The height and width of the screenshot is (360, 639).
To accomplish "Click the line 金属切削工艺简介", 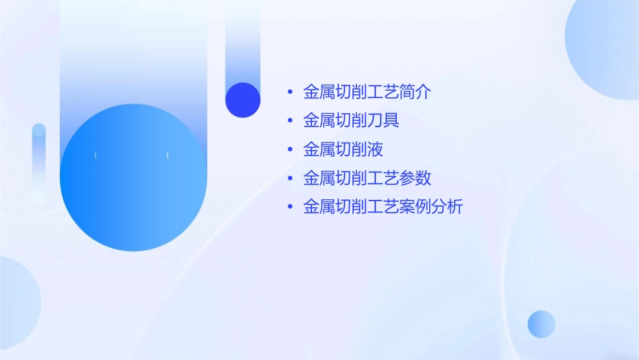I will (367, 92).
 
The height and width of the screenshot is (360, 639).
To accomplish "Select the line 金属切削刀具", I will (351, 121).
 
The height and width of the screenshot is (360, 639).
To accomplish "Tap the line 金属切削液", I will (343, 149).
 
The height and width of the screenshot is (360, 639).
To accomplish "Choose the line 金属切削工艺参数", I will (367, 178).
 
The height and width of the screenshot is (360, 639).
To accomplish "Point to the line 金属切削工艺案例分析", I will (383, 207).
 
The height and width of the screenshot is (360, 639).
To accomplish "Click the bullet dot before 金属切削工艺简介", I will (290, 92).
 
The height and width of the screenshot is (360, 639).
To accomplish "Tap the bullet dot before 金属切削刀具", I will (290, 121).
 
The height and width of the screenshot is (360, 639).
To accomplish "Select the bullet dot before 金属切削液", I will (290, 149).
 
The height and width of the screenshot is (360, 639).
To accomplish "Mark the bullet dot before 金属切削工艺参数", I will (290, 178).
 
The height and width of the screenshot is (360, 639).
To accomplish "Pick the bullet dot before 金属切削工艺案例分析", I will (290, 207).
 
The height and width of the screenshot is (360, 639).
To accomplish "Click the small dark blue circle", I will (243, 100).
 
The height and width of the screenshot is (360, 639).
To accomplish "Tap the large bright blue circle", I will (133, 178).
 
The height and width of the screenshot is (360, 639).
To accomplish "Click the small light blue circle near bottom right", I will (541, 324).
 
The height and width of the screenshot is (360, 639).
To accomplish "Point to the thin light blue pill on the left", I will (39, 161).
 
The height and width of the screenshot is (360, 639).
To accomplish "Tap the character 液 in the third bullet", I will (375, 149).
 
